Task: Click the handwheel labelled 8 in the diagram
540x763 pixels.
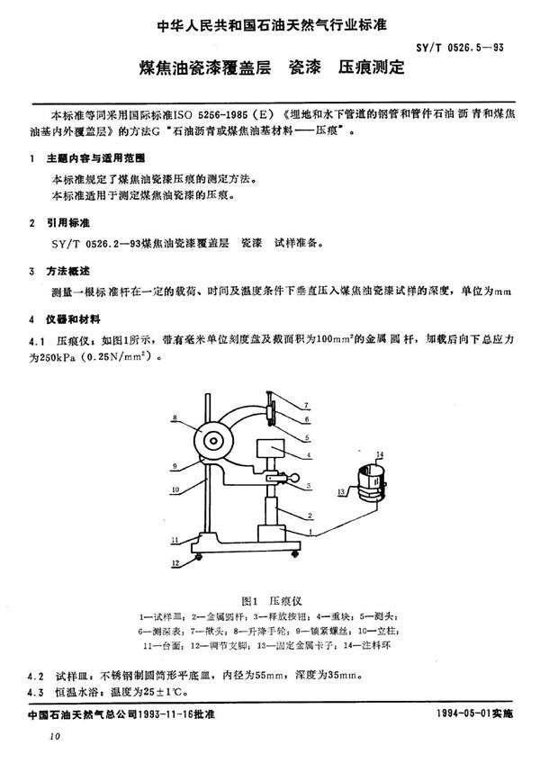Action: click(213, 440)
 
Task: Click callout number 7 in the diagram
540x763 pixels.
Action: click(305, 407)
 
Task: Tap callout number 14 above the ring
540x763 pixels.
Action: click(380, 454)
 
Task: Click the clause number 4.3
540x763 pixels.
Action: click(36, 691)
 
